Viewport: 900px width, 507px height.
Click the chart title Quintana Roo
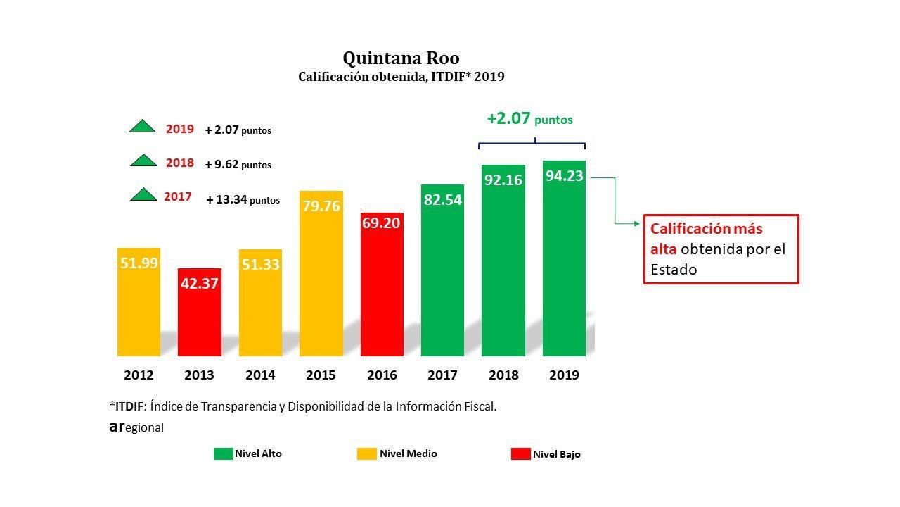(401, 58)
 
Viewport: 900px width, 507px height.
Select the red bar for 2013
(199, 317)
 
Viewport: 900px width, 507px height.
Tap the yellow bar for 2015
(321, 282)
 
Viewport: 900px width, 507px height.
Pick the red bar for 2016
(382, 289)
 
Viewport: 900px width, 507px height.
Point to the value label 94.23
(565, 176)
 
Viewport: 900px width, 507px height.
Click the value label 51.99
(139, 263)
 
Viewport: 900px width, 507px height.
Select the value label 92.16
(503, 180)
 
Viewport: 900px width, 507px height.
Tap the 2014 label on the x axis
(260, 375)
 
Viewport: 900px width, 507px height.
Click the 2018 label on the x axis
(503, 375)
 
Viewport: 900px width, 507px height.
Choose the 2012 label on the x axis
(139, 375)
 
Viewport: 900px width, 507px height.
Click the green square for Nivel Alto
(223, 454)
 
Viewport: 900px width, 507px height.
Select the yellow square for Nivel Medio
(366, 454)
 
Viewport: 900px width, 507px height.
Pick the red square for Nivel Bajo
(520, 454)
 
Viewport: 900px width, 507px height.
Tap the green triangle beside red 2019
(143, 127)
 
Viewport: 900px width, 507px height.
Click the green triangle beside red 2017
(143, 195)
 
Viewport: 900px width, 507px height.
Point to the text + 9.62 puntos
(238, 165)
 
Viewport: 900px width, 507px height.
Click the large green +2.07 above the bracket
(508, 118)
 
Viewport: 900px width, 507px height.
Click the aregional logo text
(136, 427)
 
